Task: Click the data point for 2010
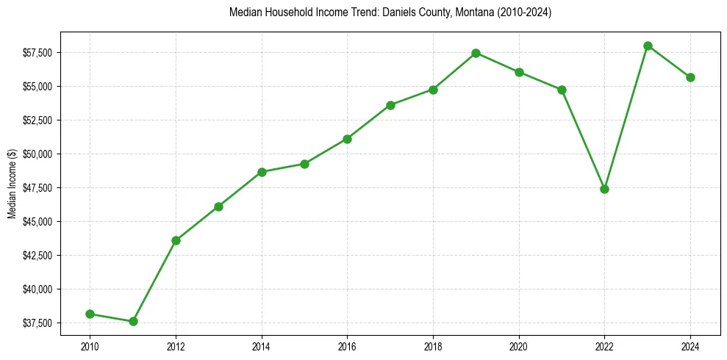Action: tap(90, 314)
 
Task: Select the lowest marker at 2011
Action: tap(133, 321)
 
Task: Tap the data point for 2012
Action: tap(176, 240)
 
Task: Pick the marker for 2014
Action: tap(262, 172)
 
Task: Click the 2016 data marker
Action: tap(347, 139)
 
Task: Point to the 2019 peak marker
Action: tap(476, 53)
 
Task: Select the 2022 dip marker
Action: tap(604, 189)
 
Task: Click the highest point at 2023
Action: tap(648, 46)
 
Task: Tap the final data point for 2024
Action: tap(690, 77)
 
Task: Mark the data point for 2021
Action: tap(562, 90)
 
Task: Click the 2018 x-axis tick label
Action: tap(433, 346)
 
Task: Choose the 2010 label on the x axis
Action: tap(90, 346)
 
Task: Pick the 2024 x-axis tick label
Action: tap(690, 346)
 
